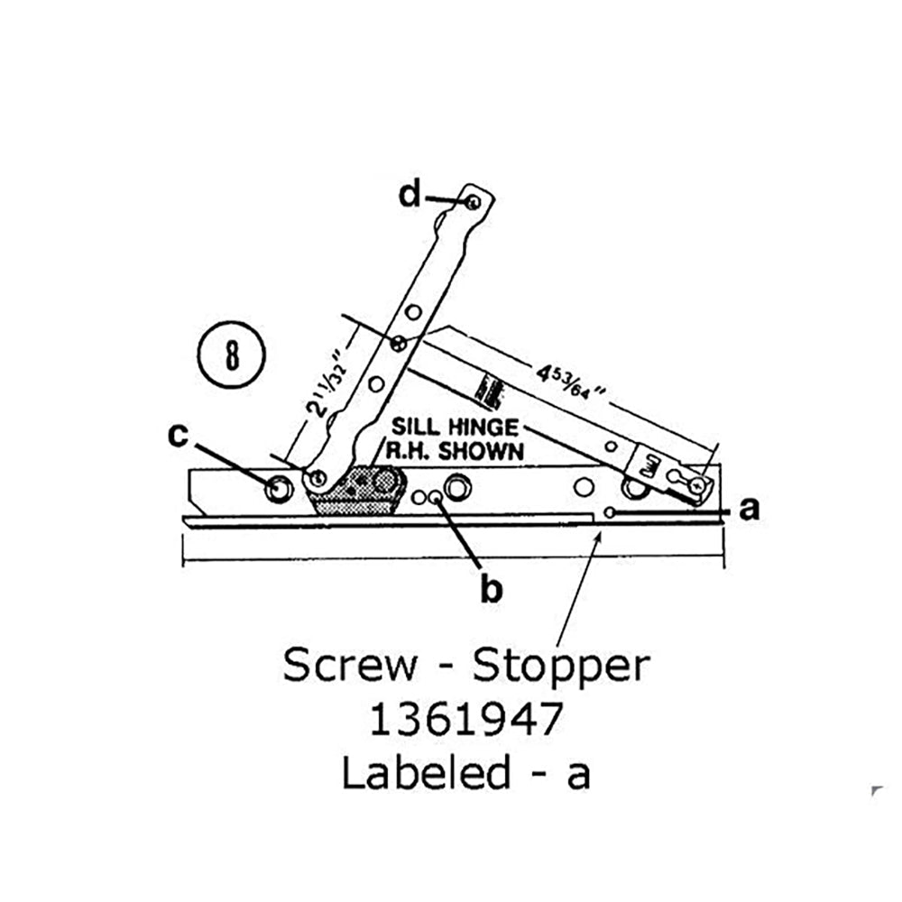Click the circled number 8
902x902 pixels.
230,354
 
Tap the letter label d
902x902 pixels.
410,194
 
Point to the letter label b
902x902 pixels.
491,589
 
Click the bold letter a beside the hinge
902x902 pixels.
748,511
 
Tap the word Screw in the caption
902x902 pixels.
350,666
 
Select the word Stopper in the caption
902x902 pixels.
561,667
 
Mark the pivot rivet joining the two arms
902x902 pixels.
399,343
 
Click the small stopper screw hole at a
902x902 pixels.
610,512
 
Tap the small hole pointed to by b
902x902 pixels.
436,496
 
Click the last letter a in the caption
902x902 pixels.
577,775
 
